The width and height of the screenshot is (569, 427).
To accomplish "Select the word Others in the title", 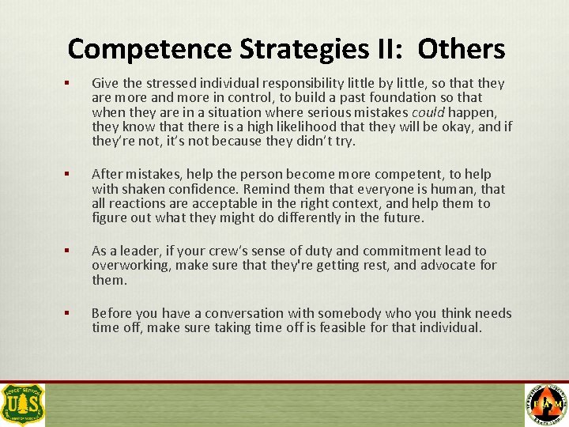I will pyautogui.click(x=462, y=49).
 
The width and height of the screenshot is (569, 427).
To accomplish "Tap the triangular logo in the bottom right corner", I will pyautogui.click(x=546, y=404).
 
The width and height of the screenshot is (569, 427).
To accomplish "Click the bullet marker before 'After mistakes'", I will pyautogui.click(x=70, y=174).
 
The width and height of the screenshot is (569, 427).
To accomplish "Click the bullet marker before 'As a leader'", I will pyautogui.click(x=70, y=251).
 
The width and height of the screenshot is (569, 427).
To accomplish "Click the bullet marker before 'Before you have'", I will pyautogui.click(x=70, y=314).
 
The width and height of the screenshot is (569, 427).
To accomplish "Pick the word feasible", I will pyautogui.click(x=309, y=328).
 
